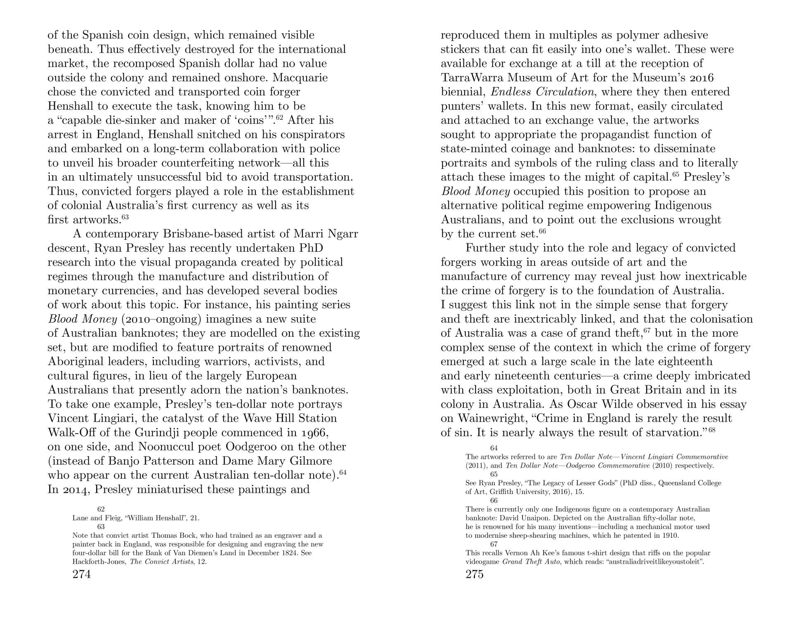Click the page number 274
81,574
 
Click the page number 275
474,574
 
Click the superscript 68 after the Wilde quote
712,430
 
